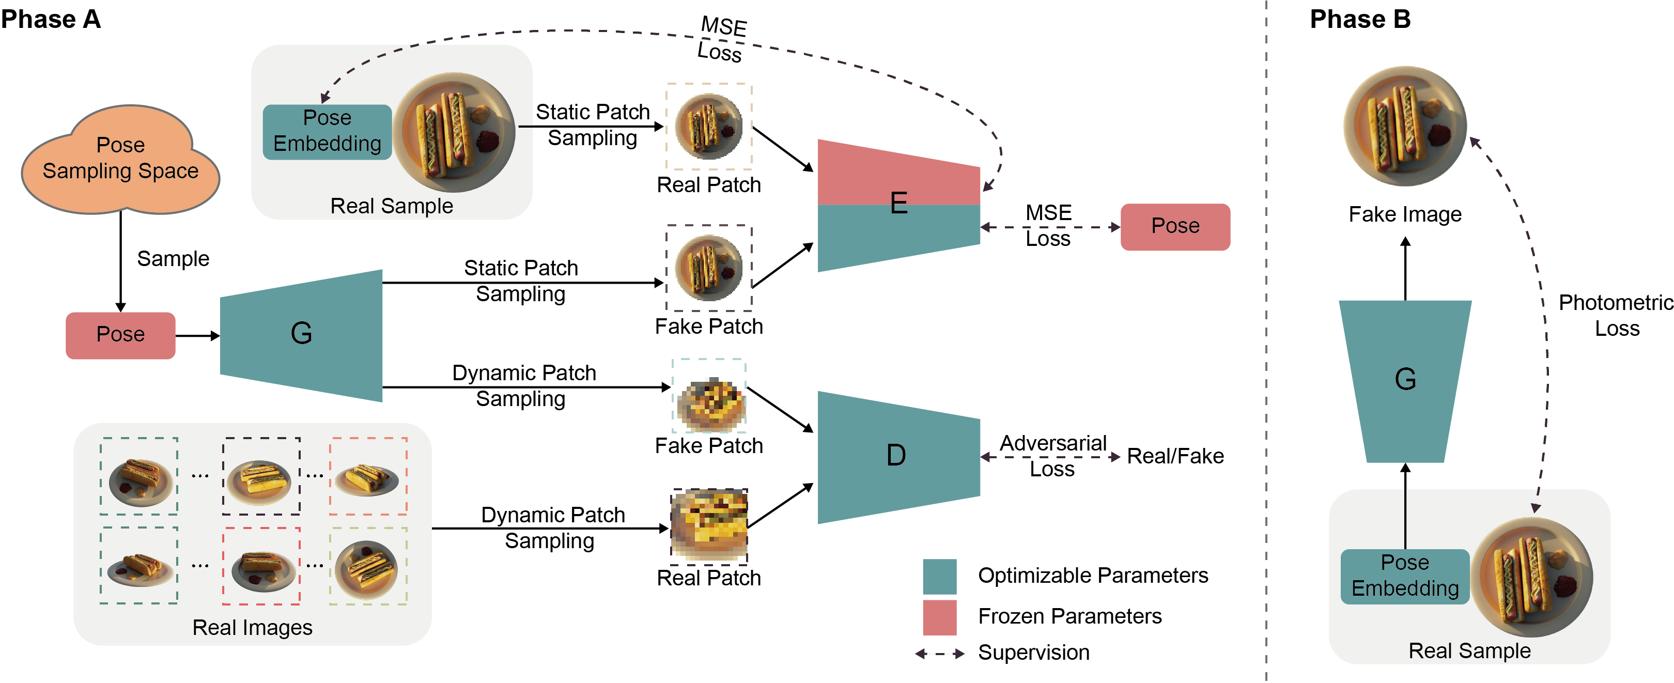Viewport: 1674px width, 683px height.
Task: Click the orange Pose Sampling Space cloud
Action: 120,159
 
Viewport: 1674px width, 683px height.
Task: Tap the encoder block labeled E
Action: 898,205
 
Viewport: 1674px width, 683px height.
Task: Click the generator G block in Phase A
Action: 301,335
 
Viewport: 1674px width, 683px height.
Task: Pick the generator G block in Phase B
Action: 1405,380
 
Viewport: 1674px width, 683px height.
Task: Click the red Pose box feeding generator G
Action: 120,335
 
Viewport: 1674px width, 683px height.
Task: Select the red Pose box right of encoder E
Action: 1175,227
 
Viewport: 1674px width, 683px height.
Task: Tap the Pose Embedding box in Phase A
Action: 327,131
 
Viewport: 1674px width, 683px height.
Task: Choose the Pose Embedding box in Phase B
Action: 1405,576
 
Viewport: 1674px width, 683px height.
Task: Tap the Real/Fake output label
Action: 1175,456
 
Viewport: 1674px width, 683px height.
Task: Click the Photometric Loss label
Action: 1616,315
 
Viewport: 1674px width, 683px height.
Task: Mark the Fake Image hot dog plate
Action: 1405,126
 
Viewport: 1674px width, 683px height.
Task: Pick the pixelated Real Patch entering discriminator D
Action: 709,525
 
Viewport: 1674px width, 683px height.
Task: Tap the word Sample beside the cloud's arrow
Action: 173,259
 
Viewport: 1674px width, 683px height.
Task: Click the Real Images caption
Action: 252,628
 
